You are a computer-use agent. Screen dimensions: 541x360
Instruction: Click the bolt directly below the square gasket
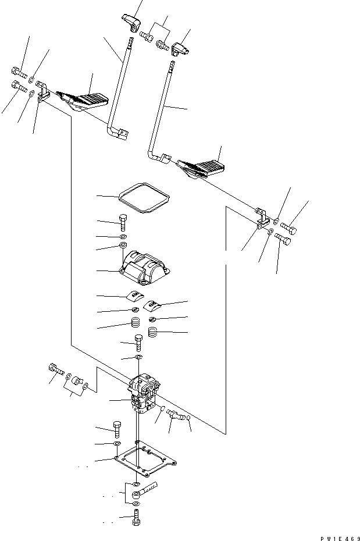124,223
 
